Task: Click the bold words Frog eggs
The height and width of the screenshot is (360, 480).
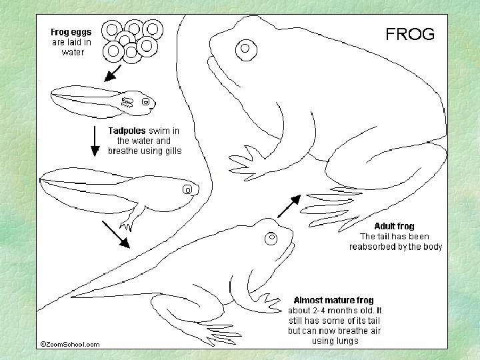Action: [x=73, y=31]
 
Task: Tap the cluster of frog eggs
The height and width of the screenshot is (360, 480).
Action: [x=133, y=40]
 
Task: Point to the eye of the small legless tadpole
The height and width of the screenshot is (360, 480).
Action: [x=145, y=102]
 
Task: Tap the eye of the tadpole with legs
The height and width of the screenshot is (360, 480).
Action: [x=189, y=190]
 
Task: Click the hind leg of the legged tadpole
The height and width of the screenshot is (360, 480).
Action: [x=132, y=215]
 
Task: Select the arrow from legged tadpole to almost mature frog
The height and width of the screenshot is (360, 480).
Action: [x=116, y=233]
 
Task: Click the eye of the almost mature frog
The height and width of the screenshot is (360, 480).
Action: [x=271, y=238]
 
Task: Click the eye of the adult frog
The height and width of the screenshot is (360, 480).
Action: [x=245, y=48]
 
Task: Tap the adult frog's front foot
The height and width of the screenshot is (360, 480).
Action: [x=245, y=161]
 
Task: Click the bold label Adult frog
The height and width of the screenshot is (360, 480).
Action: [x=396, y=226]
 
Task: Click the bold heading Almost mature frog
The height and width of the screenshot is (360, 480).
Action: [x=333, y=300]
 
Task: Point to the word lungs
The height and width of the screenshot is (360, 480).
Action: [x=347, y=341]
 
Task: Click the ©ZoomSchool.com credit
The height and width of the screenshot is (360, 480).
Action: [x=70, y=344]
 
